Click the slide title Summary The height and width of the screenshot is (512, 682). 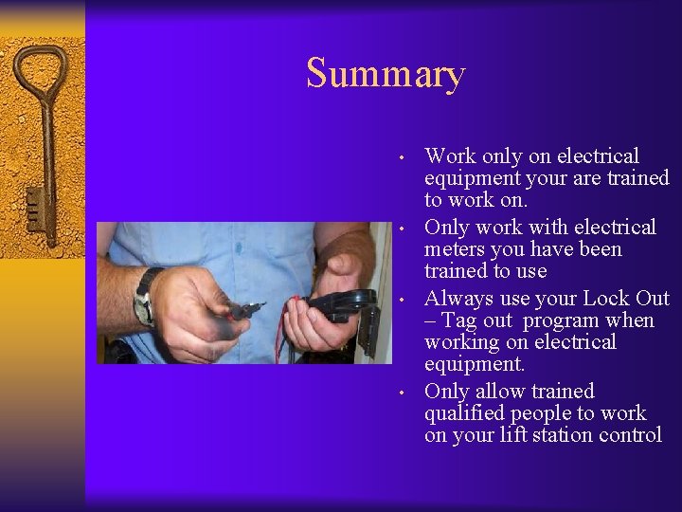[386, 74]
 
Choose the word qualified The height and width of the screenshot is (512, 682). [464, 413]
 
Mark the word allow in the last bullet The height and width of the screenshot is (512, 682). [499, 391]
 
